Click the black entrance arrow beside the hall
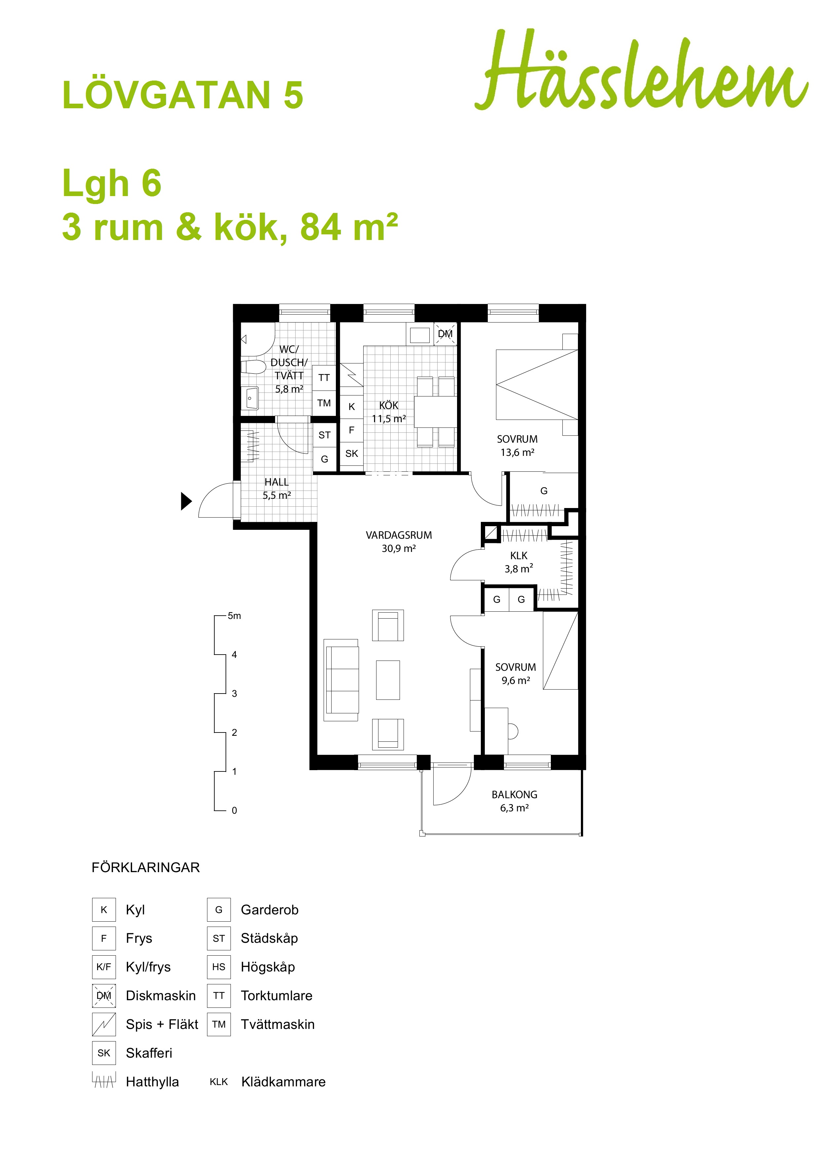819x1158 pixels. (x=187, y=501)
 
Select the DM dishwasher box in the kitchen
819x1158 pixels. (x=445, y=334)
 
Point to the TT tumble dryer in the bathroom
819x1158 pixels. (x=324, y=378)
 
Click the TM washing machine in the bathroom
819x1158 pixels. (x=324, y=403)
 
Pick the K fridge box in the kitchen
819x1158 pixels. (x=352, y=406)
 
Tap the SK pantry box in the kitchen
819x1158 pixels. (x=352, y=454)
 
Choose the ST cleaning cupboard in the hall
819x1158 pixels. (x=325, y=435)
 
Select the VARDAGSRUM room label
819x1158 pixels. (x=399, y=535)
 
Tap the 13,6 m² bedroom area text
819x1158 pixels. (x=517, y=453)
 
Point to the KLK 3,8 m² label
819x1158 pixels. (x=519, y=562)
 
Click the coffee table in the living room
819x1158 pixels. (x=388, y=680)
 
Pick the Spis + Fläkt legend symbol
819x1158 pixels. (x=104, y=1024)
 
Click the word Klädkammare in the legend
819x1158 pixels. (x=284, y=1081)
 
